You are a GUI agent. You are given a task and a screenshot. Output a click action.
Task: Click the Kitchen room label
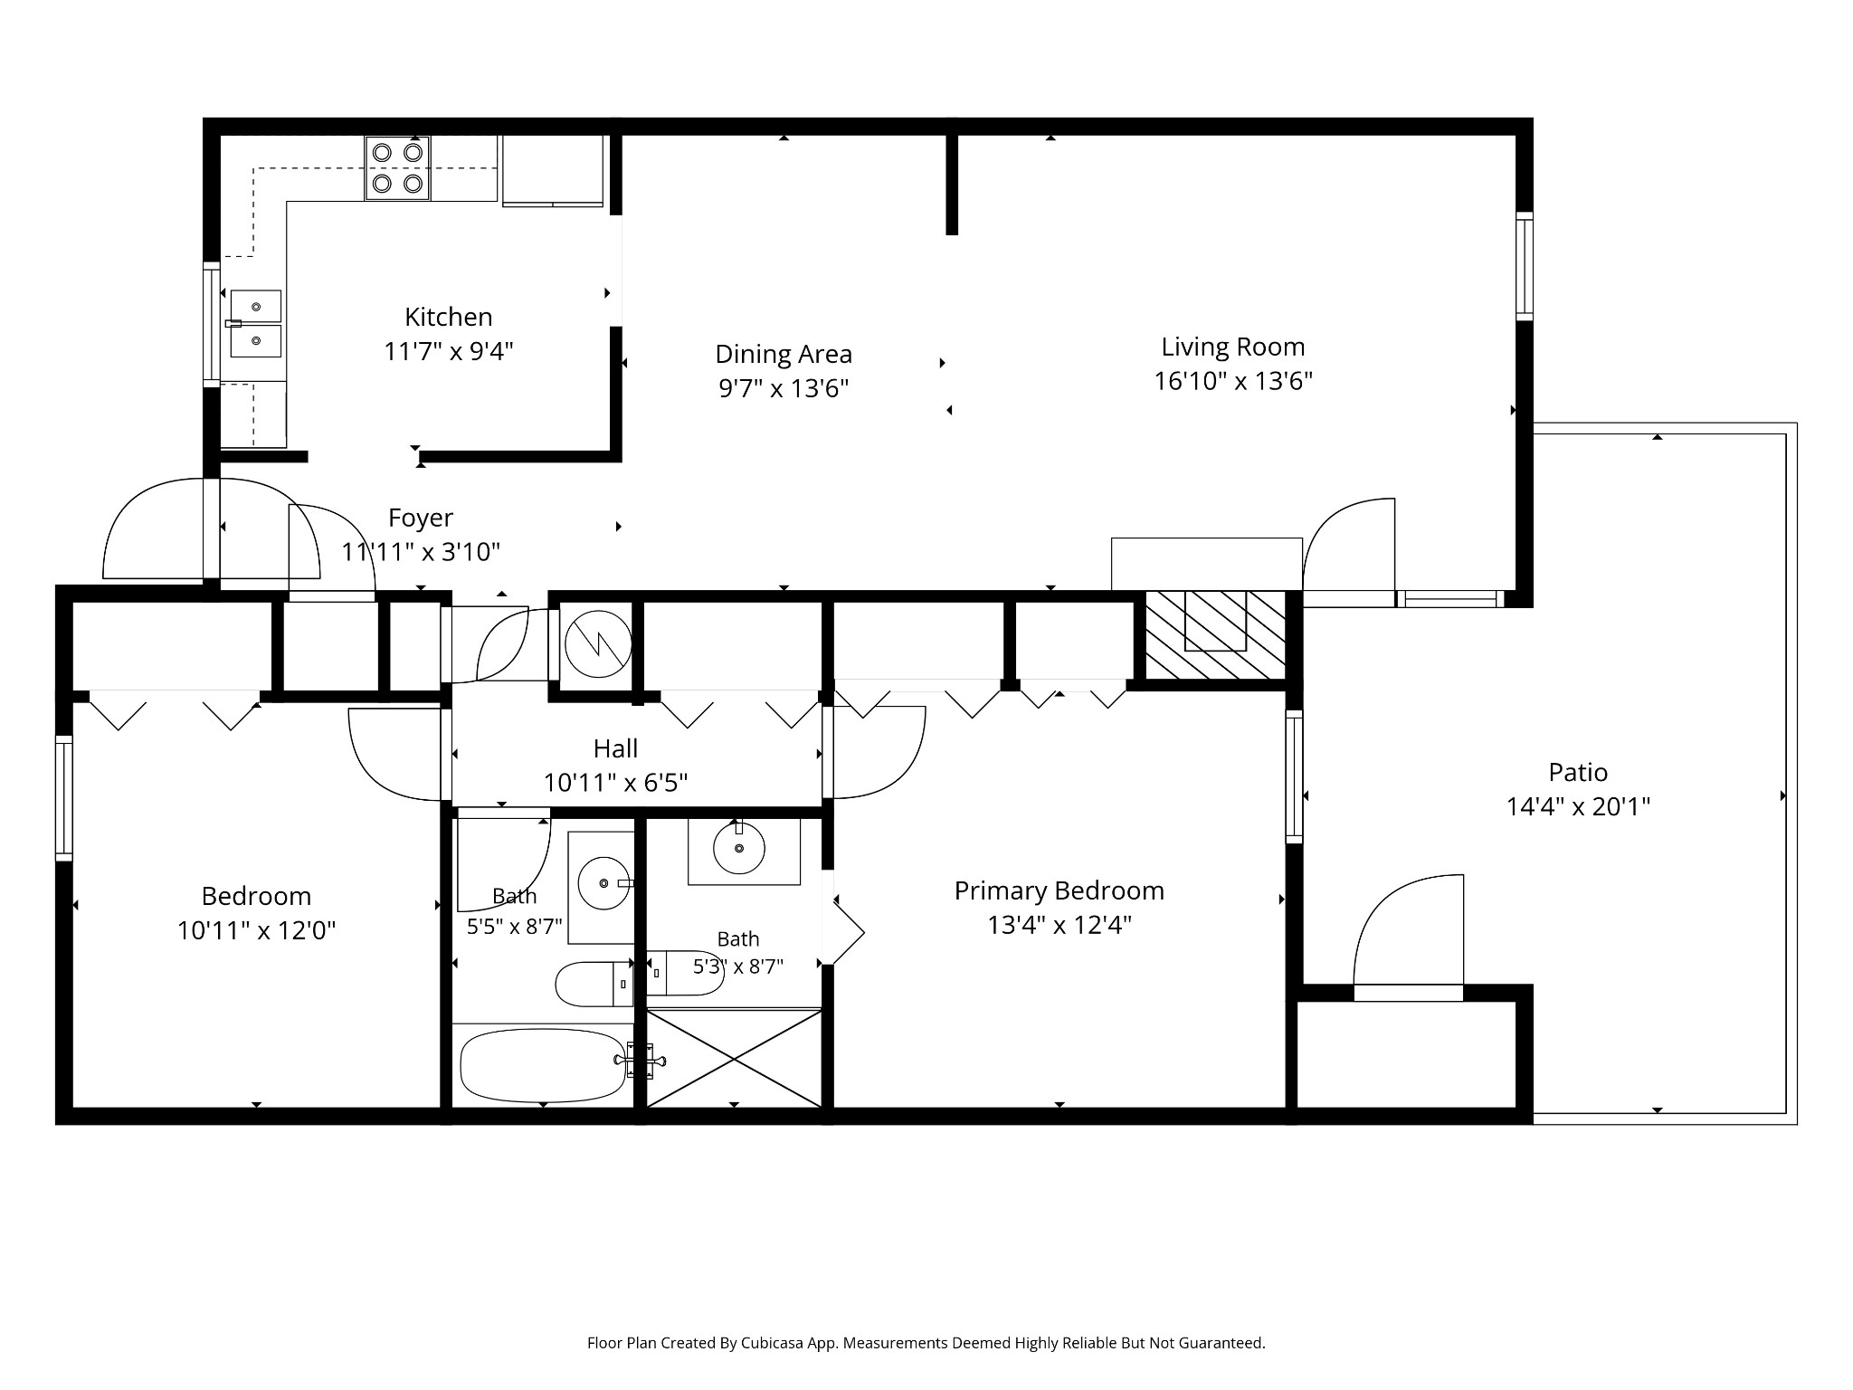click(x=449, y=317)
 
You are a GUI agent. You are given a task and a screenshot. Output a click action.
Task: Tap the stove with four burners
click(x=397, y=168)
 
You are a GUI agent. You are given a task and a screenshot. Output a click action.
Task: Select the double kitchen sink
click(x=255, y=324)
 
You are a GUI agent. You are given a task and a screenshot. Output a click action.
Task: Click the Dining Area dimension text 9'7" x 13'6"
click(x=784, y=388)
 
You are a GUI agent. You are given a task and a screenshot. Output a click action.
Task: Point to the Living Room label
click(x=1233, y=347)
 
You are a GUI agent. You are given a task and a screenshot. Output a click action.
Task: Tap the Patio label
click(x=1578, y=772)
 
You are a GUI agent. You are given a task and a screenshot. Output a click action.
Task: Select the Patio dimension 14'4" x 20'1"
click(x=1578, y=806)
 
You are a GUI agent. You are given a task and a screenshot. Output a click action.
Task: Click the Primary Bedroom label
click(x=1060, y=890)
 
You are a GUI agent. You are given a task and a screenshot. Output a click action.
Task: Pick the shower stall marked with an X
click(x=734, y=1058)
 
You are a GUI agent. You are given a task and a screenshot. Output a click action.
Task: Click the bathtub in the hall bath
click(x=543, y=1065)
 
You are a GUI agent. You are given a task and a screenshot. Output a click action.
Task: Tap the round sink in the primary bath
click(x=739, y=848)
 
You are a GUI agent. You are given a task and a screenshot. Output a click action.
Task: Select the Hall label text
click(x=615, y=748)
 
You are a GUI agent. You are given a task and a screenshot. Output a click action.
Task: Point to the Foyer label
click(x=421, y=518)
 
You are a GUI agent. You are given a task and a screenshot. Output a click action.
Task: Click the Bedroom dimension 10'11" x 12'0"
click(x=257, y=930)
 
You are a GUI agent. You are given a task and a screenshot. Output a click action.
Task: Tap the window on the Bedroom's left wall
click(x=63, y=797)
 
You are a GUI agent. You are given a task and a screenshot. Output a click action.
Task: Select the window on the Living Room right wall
click(x=1525, y=266)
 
